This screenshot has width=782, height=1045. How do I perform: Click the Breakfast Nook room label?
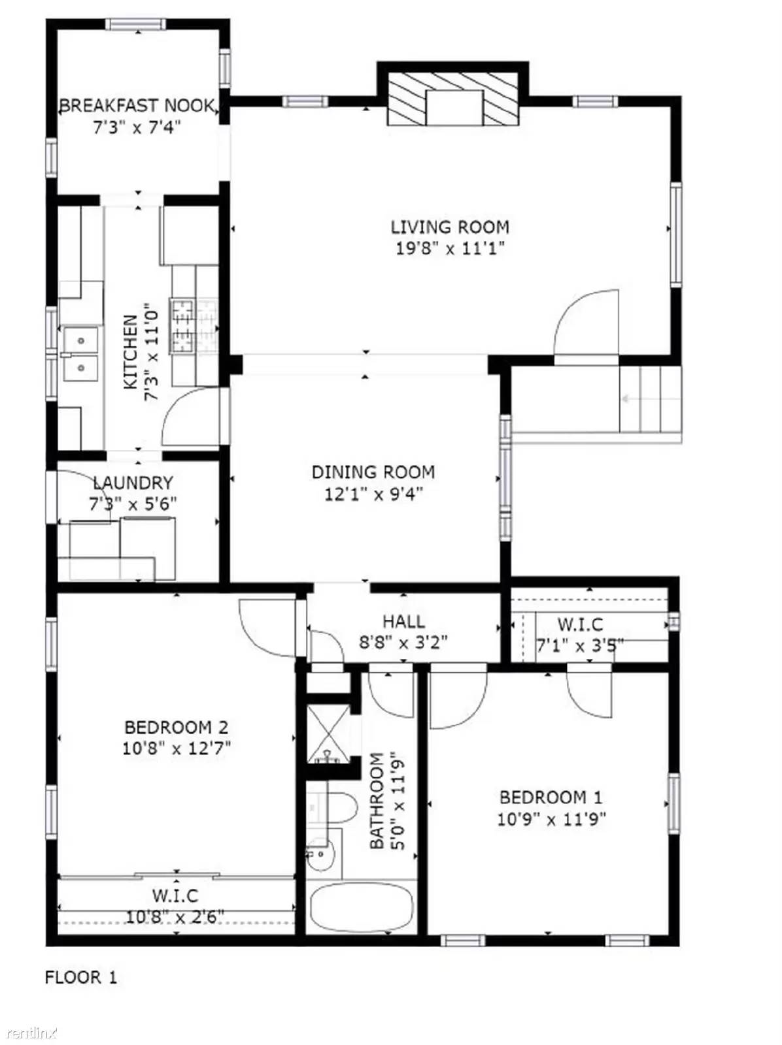coord(137,105)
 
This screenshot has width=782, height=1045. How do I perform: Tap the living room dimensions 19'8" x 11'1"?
coord(450,248)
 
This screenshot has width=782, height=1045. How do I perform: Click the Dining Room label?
coord(373,472)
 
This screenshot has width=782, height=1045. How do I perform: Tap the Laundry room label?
coord(133,483)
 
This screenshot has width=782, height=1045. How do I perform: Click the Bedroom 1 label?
coord(551,797)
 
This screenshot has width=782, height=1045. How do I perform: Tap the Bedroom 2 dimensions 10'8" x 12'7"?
coord(177,748)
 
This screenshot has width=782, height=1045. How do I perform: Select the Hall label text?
coord(403,621)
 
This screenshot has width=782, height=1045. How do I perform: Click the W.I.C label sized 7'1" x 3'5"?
coord(580,625)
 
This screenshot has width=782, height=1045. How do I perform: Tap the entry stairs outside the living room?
coord(651,398)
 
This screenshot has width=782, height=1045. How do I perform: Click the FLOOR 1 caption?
coord(81,978)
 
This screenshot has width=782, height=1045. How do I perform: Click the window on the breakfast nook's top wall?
coord(136,25)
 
